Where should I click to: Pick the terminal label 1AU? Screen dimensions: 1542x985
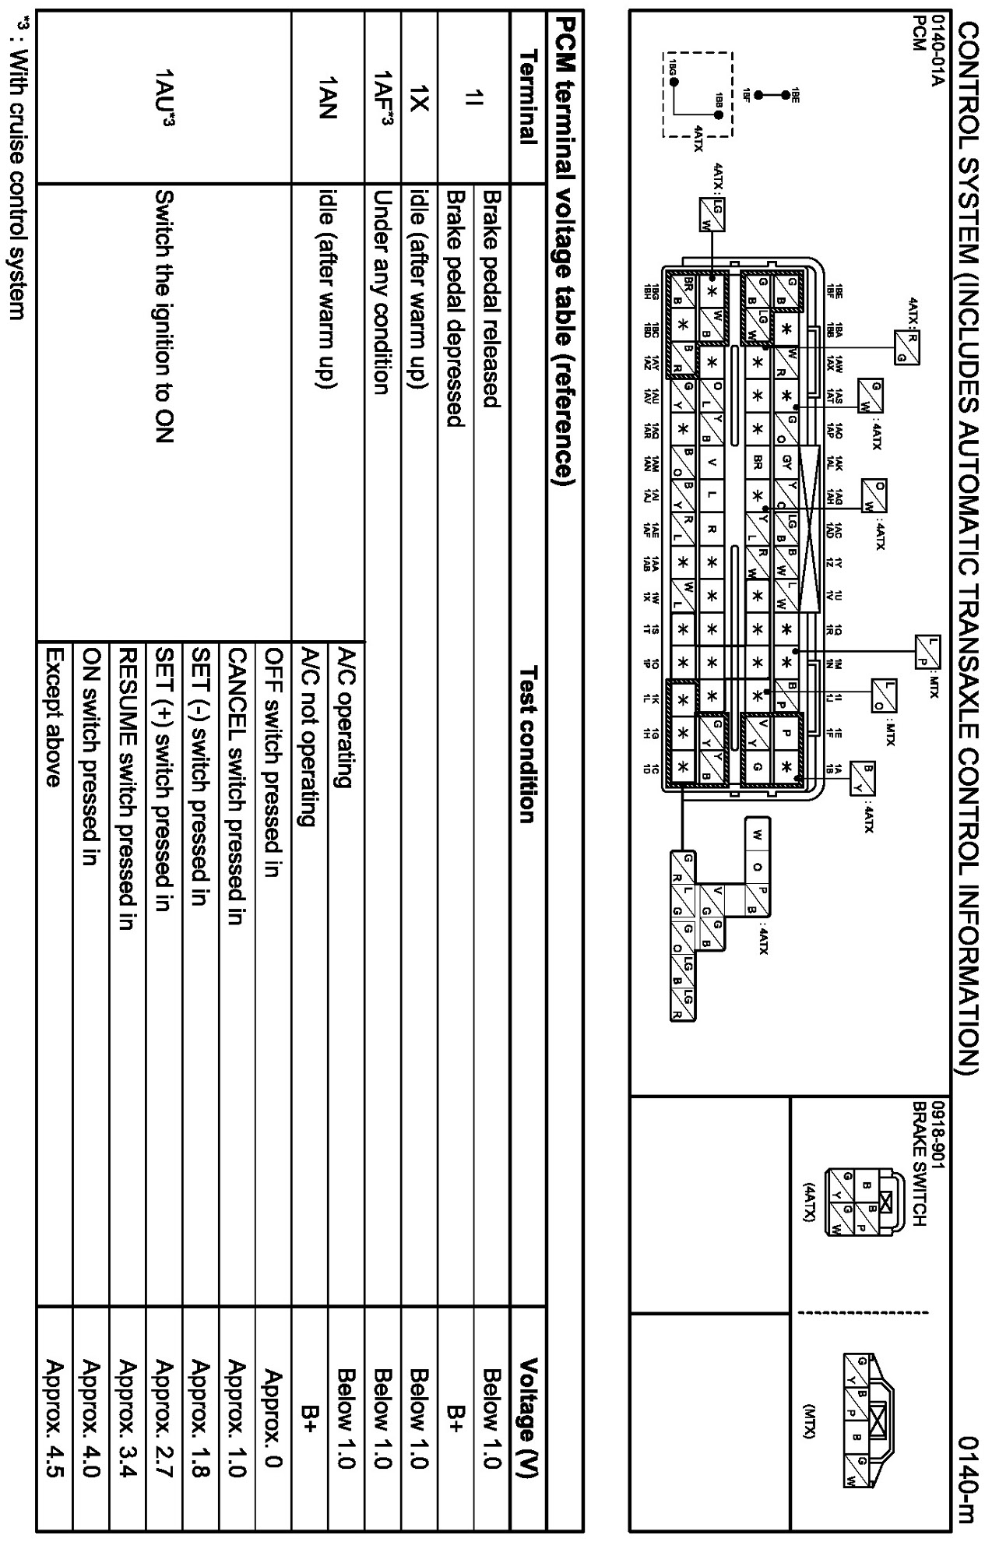pos(164,97)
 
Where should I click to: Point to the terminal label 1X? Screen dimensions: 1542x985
pos(418,97)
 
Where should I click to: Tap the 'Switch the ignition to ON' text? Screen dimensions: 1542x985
pos(164,315)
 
